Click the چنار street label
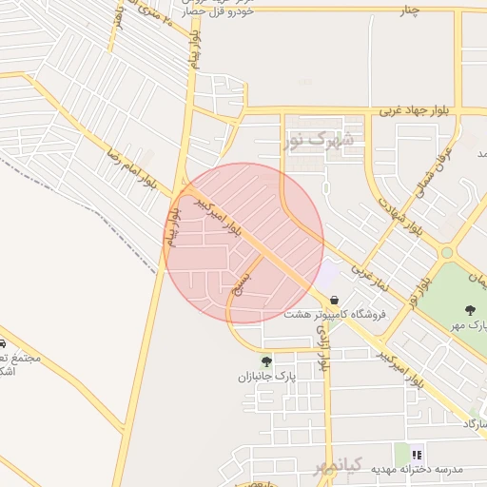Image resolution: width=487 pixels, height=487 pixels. coord(409,10)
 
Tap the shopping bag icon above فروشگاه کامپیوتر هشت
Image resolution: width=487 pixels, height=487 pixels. coord(333,299)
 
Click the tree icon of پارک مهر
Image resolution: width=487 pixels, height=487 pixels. coord(470,310)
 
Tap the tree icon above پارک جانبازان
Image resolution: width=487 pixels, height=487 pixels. coord(265,360)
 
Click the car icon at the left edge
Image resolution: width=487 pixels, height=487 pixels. coord(3,343)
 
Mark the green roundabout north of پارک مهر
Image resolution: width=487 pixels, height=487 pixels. coord(446,253)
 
